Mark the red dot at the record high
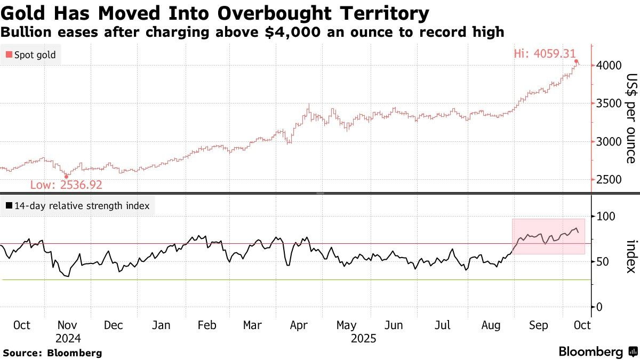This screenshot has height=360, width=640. click(x=577, y=62)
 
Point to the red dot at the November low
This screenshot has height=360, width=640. click(x=67, y=177)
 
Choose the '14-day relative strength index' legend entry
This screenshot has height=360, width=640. click(x=78, y=205)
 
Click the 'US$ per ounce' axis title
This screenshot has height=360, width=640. click(x=630, y=118)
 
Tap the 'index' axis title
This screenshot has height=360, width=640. click(x=630, y=255)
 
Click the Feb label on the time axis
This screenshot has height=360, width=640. click(x=206, y=325)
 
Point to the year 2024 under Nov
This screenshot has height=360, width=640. click(x=67, y=339)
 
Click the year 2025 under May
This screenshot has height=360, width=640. click(x=363, y=339)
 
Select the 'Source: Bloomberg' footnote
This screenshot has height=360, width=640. click(x=52, y=353)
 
